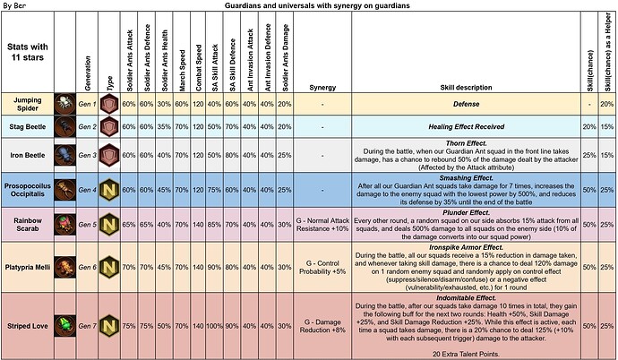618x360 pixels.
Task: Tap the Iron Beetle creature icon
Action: tap(65, 155)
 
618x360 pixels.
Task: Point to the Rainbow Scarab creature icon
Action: tap(65, 223)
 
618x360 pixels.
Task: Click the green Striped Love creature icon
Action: tap(65, 324)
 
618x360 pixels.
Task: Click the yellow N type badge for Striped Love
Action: tap(107, 324)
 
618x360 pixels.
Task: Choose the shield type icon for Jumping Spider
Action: tap(107, 105)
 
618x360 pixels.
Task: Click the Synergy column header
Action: tap(322, 88)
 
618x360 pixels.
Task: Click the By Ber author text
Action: tap(15, 5)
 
